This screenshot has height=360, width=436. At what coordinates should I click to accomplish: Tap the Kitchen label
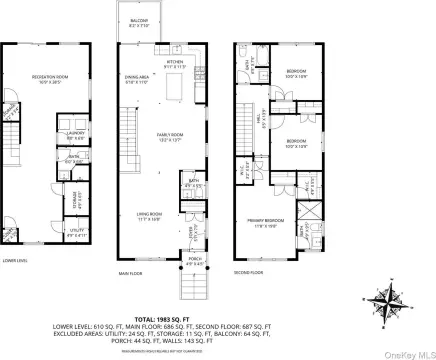tap(175, 63)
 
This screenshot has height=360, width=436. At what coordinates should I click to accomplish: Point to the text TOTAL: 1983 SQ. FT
tap(217, 299)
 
